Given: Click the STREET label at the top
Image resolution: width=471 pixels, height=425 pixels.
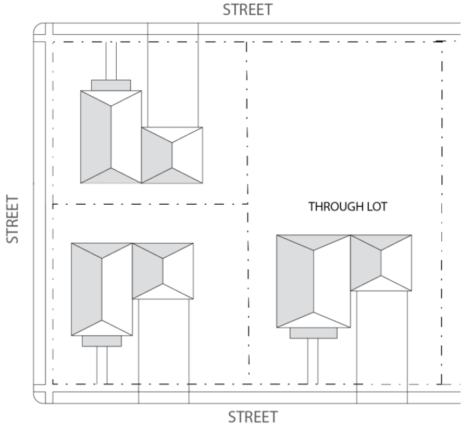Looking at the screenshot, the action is pyautogui.click(x=247, y=9).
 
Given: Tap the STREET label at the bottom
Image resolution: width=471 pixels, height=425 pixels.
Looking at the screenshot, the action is pyautogui.click(x=253, y=417).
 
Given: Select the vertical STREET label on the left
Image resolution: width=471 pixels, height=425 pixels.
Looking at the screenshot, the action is pyautogui.click(x=13, y=219).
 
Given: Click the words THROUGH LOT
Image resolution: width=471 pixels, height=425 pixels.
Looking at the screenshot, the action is pyautogui.click(x=348, y=207).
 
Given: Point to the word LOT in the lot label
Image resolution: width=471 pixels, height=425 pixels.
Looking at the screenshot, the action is pyautogui.click(x=376, y=207).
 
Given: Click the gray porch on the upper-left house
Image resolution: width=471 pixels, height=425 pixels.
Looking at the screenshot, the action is pyautogui.click(x=111, y=85).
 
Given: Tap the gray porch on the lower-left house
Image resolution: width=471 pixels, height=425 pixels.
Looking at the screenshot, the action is pyautogui.click(x=102, y=341).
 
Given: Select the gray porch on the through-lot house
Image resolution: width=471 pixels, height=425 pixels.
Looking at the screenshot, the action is pyautogui.click(x=313, y=333).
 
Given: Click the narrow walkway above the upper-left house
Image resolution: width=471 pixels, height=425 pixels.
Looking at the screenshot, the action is pyautogui.click(x=111, y=60).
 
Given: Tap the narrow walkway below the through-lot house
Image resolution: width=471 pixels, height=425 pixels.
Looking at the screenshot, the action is pyautogui.click(x=313, y=361).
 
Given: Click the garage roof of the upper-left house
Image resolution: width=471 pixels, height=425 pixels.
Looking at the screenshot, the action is pyautogui.click(x=172, y=155).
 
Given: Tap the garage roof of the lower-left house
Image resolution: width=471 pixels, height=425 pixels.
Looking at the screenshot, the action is pyautogui.click(x=163, y=271).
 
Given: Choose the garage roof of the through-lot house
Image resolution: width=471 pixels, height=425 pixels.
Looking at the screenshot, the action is pyautogui.click(x=381, y=262).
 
